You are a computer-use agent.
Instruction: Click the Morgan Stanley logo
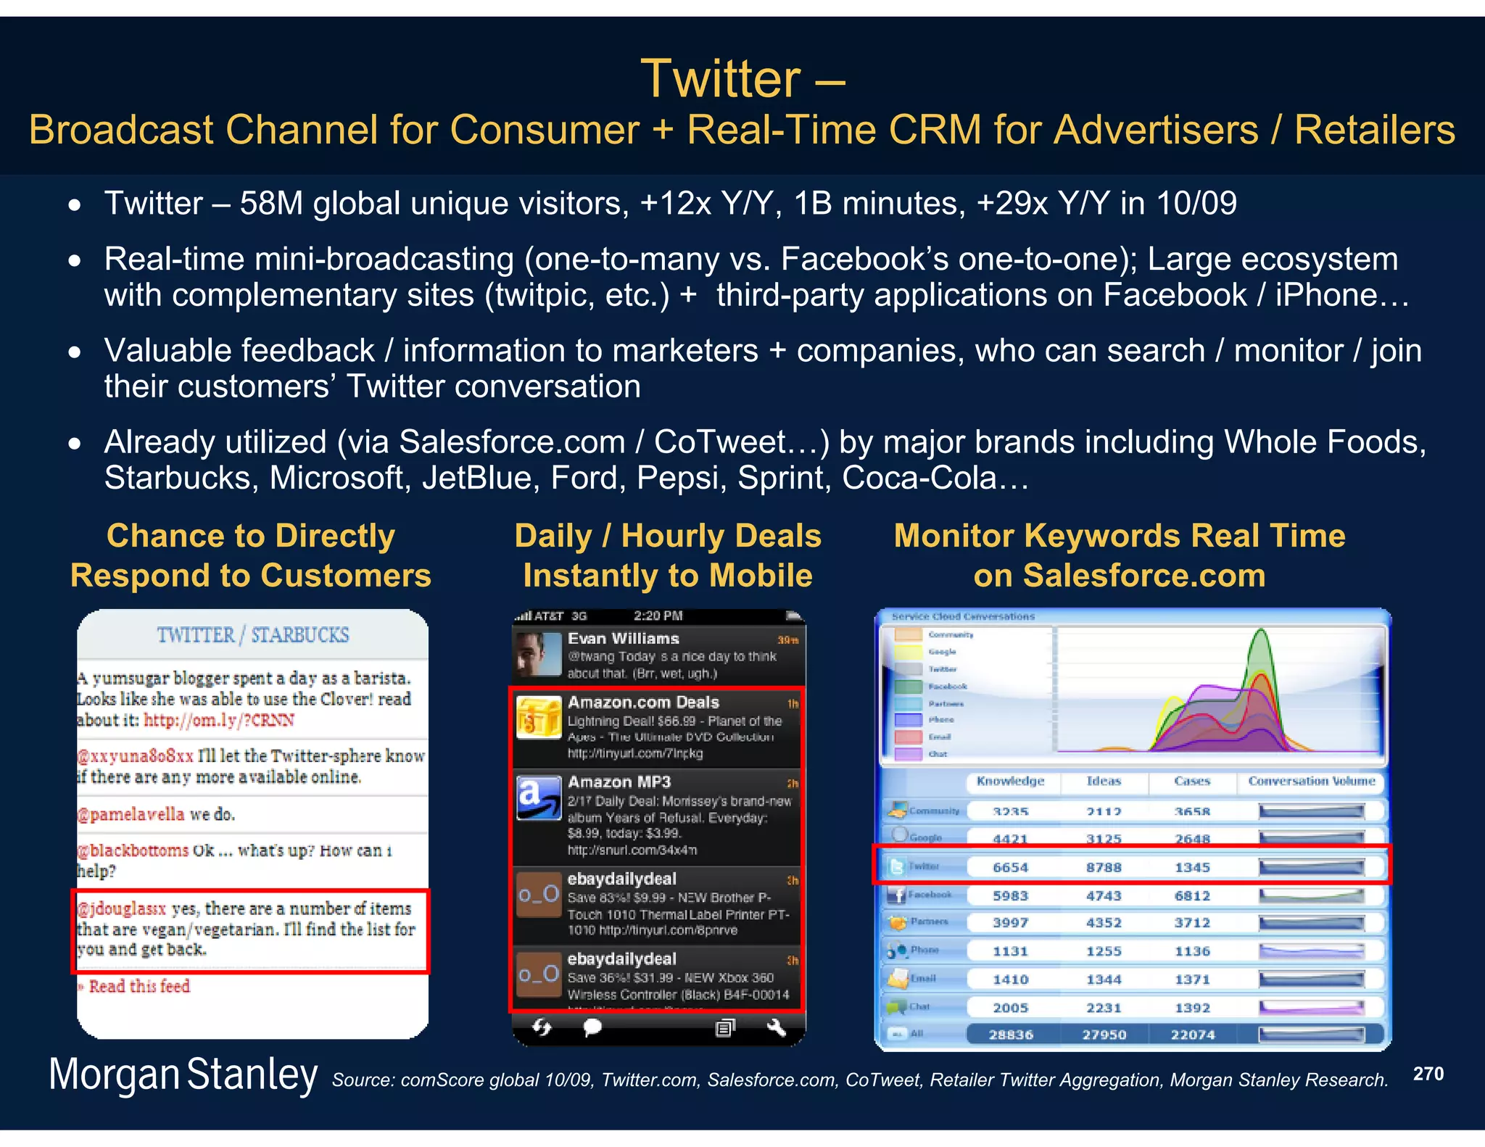coord(183,1074)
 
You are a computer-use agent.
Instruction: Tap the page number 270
coord(1428,1074)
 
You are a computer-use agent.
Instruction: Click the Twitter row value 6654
coord(1010,867)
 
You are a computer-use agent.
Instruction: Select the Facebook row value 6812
coord(1192,895)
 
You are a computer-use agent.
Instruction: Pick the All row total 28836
coord(1010,1035)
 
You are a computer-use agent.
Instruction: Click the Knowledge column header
coord(1010,781)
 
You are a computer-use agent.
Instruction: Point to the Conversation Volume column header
coord(1311,781)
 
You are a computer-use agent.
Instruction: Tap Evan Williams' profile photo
coord(538,654)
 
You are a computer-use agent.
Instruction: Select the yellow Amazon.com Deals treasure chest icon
coord(539,716)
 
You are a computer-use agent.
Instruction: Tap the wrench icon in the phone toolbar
coord(776,1027)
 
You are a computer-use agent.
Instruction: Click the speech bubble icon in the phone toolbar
coord(592,1027)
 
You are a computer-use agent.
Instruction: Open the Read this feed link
coord(138,986)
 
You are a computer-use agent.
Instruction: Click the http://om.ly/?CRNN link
coord(219,720)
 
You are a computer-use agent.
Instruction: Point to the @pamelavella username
coord(131,814)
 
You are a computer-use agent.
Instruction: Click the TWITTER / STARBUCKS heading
coord(253,635)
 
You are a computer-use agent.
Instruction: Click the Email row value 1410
coord(1010,980)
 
